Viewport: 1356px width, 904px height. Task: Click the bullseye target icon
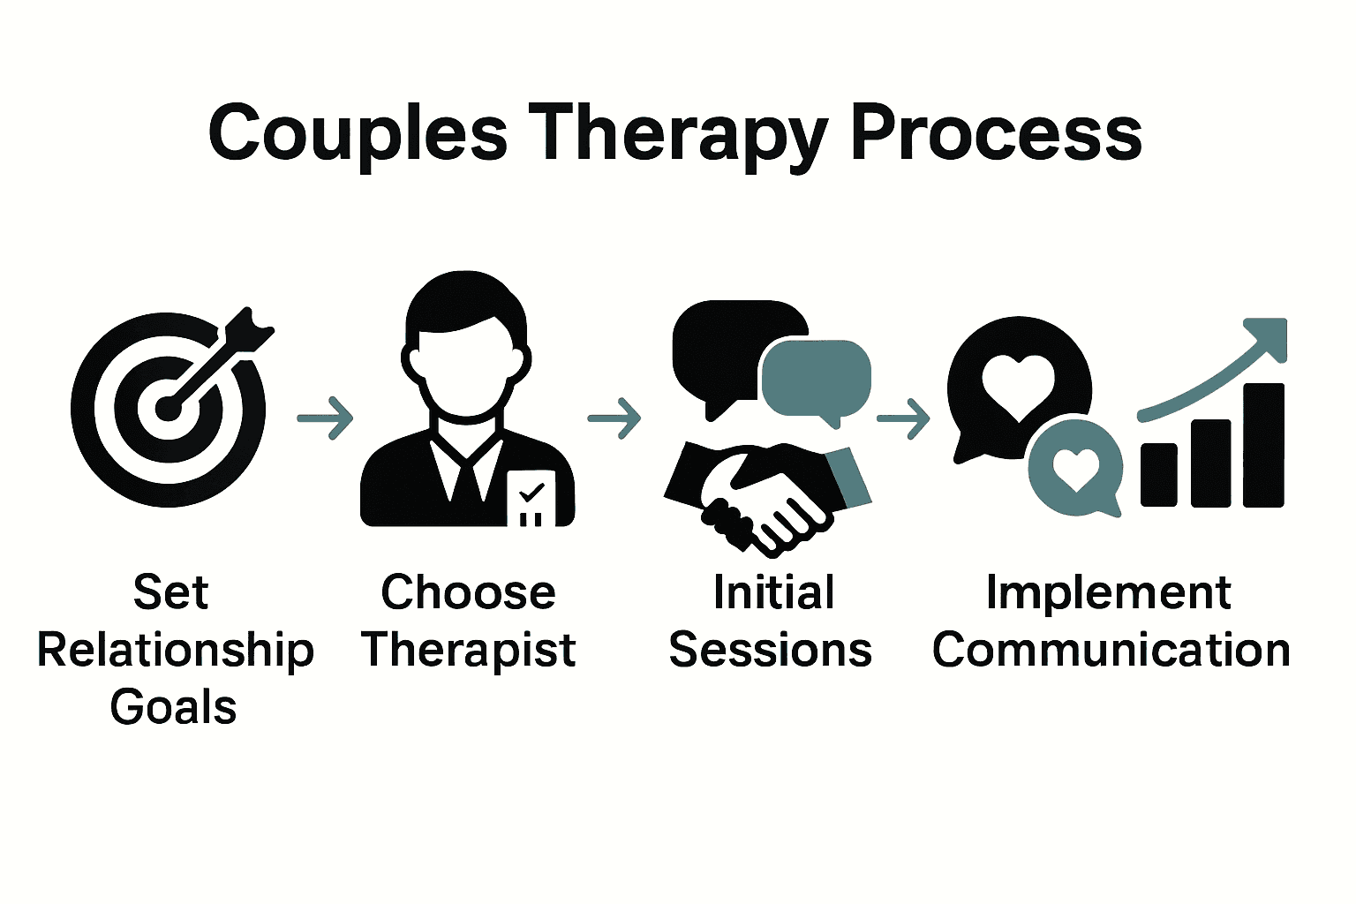[x=167, y=409]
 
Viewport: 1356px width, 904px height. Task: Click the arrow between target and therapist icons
[x=325, y=417]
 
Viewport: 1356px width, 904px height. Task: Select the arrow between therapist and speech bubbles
[x=614, y=417]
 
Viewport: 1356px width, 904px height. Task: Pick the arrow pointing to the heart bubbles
[x=903, y=417]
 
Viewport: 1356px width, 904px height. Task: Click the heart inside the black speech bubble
[x=1019, y=385]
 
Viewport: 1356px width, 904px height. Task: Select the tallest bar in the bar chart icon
[x=1263, y=445]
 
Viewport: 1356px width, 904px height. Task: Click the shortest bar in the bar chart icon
[x=1158, y=474]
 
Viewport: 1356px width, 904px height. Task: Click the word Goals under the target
[x=174, y=707]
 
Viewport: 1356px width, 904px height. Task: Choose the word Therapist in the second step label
[x=469, y=651]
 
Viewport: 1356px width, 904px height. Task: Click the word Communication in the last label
[x=1111, y=651]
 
